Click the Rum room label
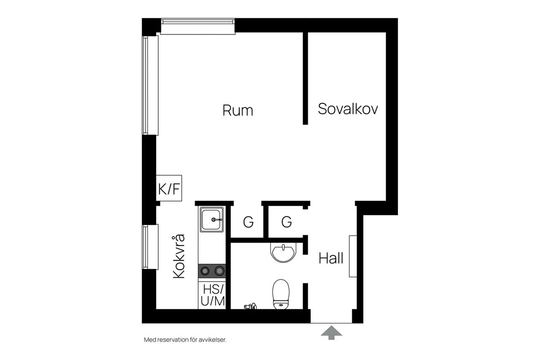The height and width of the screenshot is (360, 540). (x=238, y=111)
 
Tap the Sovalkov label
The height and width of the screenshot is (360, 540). (x=348, y=109)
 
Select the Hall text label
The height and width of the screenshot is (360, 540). (x=331, y=258)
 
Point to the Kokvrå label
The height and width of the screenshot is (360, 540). (x=179, y=256)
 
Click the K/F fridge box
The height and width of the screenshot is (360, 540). (x=169, y=188)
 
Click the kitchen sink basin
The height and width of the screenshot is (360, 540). (x=212, y=219)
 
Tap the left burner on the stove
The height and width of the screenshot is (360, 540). (x=205, y=271)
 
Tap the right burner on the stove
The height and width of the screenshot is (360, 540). (x=219, y=271)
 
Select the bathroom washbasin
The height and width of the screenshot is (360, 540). (x=283, y=252)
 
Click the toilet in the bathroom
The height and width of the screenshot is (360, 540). (x=281, y=294)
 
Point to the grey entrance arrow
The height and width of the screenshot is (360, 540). (x=332, y=333)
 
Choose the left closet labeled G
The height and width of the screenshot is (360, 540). (x=248, y=222)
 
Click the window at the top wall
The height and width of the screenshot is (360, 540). (x=198, y=26)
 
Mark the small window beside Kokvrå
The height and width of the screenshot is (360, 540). (x=150, y=247)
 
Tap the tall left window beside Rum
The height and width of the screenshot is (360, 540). (x=150, y=85)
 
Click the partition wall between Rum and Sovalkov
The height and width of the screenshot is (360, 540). (x=305, y=78)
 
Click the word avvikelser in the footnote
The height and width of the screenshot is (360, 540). (x=212, y=340)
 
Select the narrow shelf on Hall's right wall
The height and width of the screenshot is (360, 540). (x=353, y=256)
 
